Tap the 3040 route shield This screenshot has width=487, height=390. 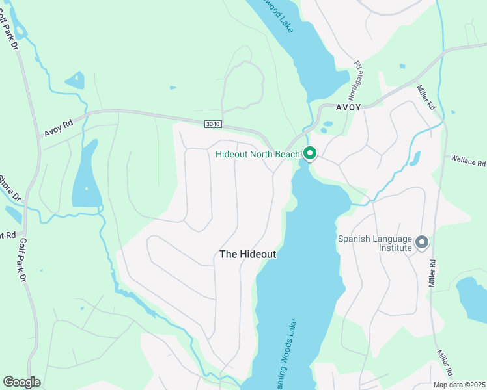click(x=212, y=123)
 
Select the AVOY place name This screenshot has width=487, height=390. click(x=348, y=108)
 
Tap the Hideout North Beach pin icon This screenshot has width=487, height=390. click(x=310, y=153)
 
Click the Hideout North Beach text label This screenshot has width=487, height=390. click(x=258, y=154)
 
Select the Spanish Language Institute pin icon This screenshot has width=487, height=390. click(x=422, y=242)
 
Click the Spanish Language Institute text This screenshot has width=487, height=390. click(x=375, y=243)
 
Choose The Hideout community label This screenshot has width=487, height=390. click(x=247, y=254)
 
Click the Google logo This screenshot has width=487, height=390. click(x=21, y=382)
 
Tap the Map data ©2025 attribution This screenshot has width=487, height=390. click(x=458, y=385)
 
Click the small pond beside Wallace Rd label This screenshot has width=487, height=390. click(x=414, y=158)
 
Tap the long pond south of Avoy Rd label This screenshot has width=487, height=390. click(x=86, y=175)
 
